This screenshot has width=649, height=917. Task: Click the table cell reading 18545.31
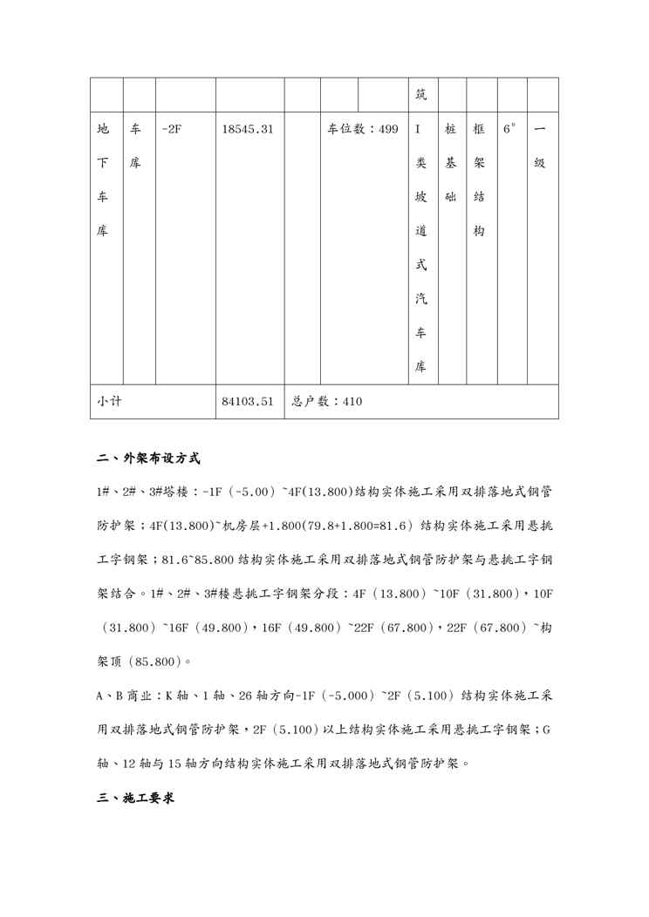coord(248,130)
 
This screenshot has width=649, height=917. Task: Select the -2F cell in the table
coord(172,130)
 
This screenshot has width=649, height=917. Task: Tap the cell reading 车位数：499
coord(362,130)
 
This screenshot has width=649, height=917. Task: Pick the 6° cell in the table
coord(509,130)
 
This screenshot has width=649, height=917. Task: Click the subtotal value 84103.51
coord(248,402)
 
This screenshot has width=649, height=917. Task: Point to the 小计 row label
coord(109,402)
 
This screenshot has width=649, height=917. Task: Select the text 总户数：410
coord(326,402)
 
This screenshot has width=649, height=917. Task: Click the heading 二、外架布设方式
coord(149,458)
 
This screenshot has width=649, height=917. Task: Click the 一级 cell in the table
coord(539,146)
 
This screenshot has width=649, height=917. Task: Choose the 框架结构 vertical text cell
coord(479,180)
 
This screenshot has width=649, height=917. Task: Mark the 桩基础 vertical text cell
coord(451,163)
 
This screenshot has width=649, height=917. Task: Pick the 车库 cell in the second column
coord(136,146)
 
